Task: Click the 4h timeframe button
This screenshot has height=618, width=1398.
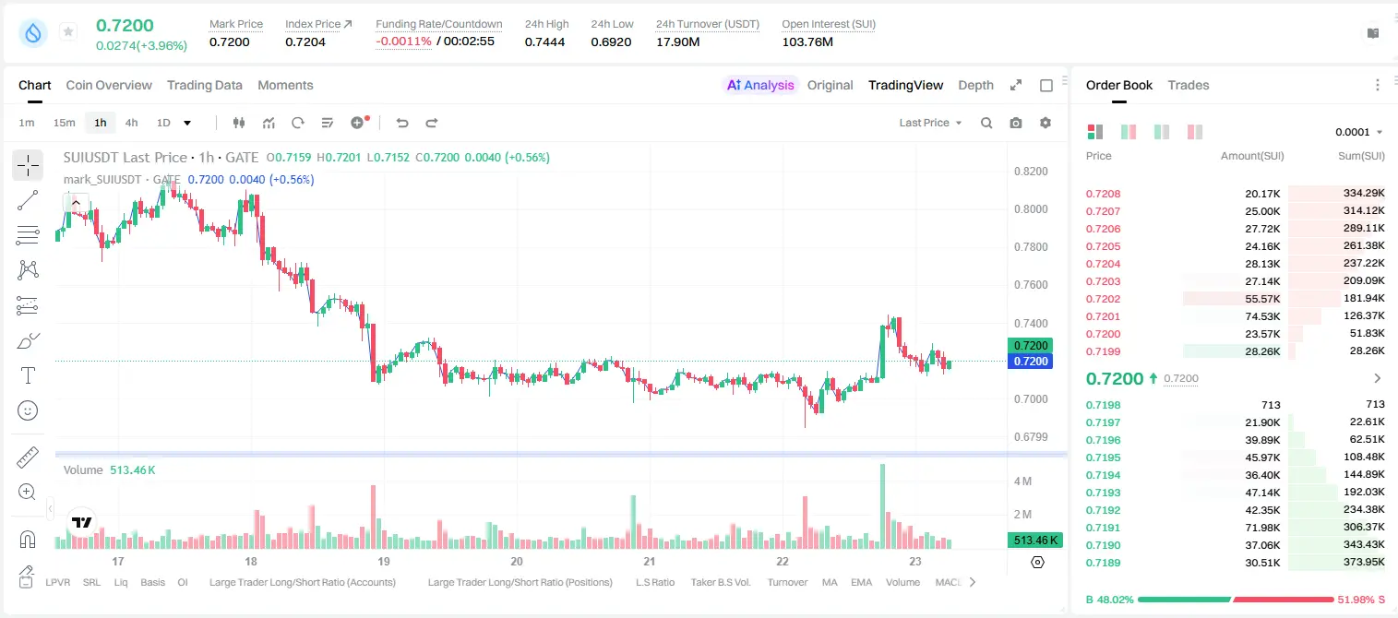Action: click(131, 123)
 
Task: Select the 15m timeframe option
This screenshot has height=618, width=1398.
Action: click(64, 123)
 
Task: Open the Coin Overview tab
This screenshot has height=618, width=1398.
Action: click(109, 85)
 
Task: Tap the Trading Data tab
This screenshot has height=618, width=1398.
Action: click(204, 85)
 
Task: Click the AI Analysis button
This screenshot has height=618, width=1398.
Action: click(760, 85)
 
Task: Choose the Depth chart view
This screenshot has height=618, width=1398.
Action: click(975, 85)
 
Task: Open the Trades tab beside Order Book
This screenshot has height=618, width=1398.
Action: click(1188, 85)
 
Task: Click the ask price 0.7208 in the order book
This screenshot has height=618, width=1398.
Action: click(1103, 194)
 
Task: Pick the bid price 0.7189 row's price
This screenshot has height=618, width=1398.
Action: click(1103, 563)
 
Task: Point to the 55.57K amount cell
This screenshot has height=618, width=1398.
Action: click(1262, 299)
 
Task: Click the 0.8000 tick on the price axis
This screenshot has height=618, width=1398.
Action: click(1031, 208)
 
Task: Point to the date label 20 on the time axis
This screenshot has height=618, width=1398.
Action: click(516, 561)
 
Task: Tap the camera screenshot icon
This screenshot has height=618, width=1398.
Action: click(1016, 123)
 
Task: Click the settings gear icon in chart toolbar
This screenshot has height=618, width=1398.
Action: click(1046, 123)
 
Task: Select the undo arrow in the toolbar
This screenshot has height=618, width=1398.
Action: click(402, 123)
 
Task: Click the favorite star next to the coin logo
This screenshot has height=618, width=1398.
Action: click(68, 31)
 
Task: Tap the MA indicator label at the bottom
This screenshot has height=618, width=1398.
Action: click(830, 582)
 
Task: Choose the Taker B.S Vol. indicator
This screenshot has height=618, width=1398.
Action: click(720, 582)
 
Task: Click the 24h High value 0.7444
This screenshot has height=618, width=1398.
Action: click(544, 42)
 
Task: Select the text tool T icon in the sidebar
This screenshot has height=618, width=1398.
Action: click(28, 375)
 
